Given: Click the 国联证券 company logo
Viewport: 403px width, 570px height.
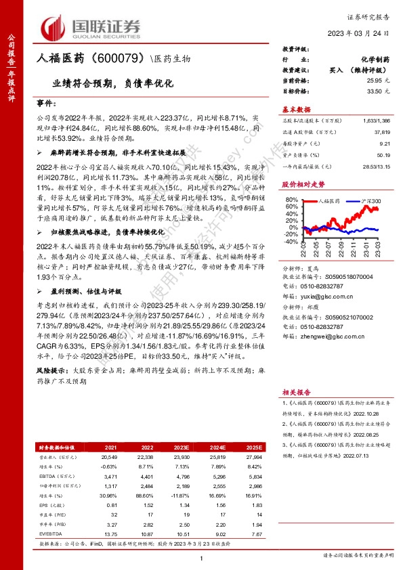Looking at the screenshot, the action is coord(92,27).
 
